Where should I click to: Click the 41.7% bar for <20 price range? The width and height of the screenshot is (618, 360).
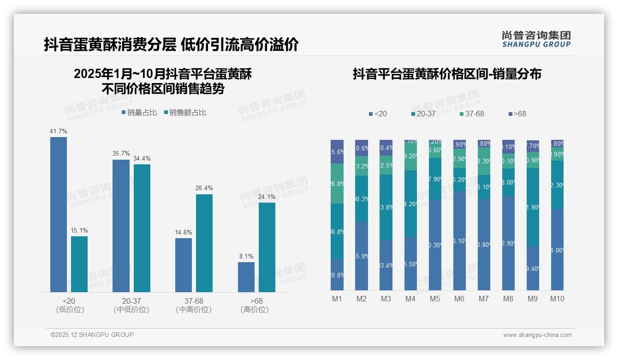59,215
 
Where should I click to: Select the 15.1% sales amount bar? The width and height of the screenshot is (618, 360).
79,264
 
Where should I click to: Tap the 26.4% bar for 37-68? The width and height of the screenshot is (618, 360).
204,243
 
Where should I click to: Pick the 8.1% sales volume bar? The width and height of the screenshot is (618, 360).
246,277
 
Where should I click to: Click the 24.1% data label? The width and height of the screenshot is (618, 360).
267,197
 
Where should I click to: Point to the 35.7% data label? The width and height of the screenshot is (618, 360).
121,154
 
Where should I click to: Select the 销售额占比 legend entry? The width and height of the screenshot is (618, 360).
184,112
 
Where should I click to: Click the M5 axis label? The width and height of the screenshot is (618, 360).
434,299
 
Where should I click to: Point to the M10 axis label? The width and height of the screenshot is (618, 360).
557,299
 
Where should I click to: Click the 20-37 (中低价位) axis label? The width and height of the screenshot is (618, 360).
131,305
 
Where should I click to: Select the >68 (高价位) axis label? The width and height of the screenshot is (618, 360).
255,305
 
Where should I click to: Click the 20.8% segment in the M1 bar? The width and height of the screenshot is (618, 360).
337,275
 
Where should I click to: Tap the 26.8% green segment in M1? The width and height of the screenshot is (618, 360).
337,184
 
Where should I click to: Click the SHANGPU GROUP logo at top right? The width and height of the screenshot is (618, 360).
536,39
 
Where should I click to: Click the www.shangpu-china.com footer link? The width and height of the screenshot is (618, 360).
537,335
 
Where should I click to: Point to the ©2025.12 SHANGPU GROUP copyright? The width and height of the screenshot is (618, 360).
92,335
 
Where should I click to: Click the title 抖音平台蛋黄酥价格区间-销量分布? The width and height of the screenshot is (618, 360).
446,74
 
